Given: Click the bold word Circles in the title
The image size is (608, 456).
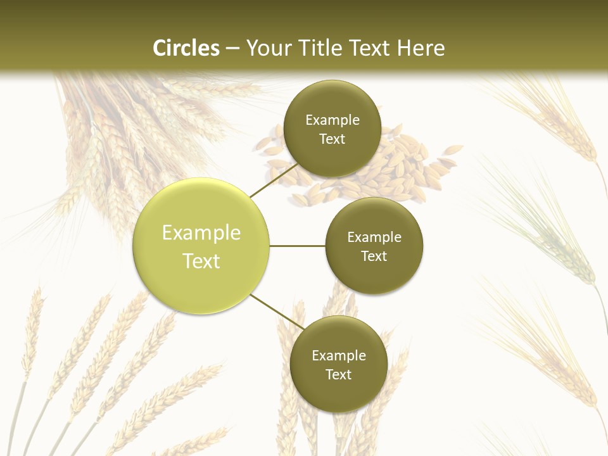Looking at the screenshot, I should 186,48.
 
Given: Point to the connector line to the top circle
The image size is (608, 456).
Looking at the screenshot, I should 274,180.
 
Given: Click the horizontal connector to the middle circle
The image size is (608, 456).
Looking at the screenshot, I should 298,246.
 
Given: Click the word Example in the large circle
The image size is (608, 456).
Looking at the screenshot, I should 201,233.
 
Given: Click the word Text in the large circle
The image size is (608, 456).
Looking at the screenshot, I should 201,261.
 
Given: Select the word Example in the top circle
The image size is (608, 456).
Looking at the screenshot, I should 332,120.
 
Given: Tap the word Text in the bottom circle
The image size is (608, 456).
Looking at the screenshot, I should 338,374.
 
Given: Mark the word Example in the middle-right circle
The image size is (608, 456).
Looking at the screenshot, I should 374,237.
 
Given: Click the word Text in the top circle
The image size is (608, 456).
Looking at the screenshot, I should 332,139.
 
